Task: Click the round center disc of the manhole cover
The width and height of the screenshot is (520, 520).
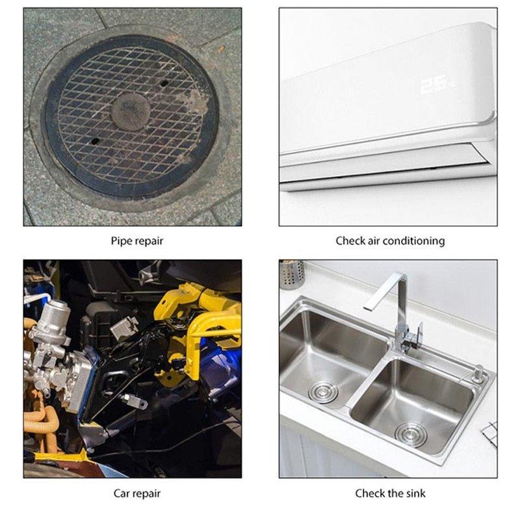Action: click(131, 111)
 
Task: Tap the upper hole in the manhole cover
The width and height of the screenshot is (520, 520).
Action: click(164, 83)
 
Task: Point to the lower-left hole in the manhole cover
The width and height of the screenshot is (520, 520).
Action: click(95, 141)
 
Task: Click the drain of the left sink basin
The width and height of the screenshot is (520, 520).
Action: click(323, 392)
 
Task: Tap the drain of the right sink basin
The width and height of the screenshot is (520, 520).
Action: click(410, 434)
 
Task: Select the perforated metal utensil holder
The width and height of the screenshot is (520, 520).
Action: click(292, 274)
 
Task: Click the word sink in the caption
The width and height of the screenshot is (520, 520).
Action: click(415, 493)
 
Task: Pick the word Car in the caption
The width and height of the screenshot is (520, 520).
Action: click(122, 493)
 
